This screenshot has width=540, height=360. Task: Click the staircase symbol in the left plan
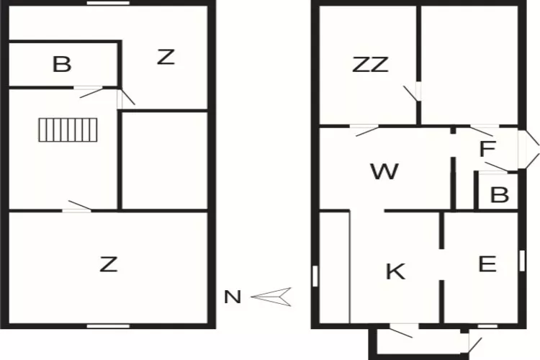pyautogui.click(x=68, y=130)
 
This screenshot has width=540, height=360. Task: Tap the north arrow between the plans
pyautogui.click(x=271, y=297)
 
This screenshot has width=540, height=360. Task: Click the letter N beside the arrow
pyautogui.click(x=233, y=297)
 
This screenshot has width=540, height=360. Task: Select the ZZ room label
pyautogui.click(x=371, y=65)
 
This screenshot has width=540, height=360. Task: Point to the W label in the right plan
pyautogui.click(x=384, y=171)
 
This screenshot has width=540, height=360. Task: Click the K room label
pyautogui.click(x=395, y=271)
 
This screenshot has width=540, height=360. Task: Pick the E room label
pyautogui.click(x=487, y=264)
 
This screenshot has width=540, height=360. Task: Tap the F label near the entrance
pyautogui.click(x=487, y=148)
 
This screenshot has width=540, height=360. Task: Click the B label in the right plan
pyautogui.click(x=500, y=194)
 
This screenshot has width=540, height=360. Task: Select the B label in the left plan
pyautogui.click(x=62, y=64)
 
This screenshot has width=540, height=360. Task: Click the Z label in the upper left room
pyautogui.click(x=166, y=57)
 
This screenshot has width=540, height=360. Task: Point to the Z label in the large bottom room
pyautogui.click(x=109, y=264)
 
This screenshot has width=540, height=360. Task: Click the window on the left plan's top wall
pyautogui.click(x=108, y=3)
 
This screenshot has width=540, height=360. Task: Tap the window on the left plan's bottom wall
pyautogui.click(x=108, y=326)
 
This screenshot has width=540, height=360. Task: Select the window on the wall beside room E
pyautogui.click(x=522, y=261)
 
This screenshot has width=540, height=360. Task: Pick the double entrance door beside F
pyautogui.click(x=528, y=149)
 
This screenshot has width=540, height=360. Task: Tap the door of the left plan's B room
pyautogui.click(x=90, y=91)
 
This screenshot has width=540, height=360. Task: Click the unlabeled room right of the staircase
pyautogui.click(x=165, y=160)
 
